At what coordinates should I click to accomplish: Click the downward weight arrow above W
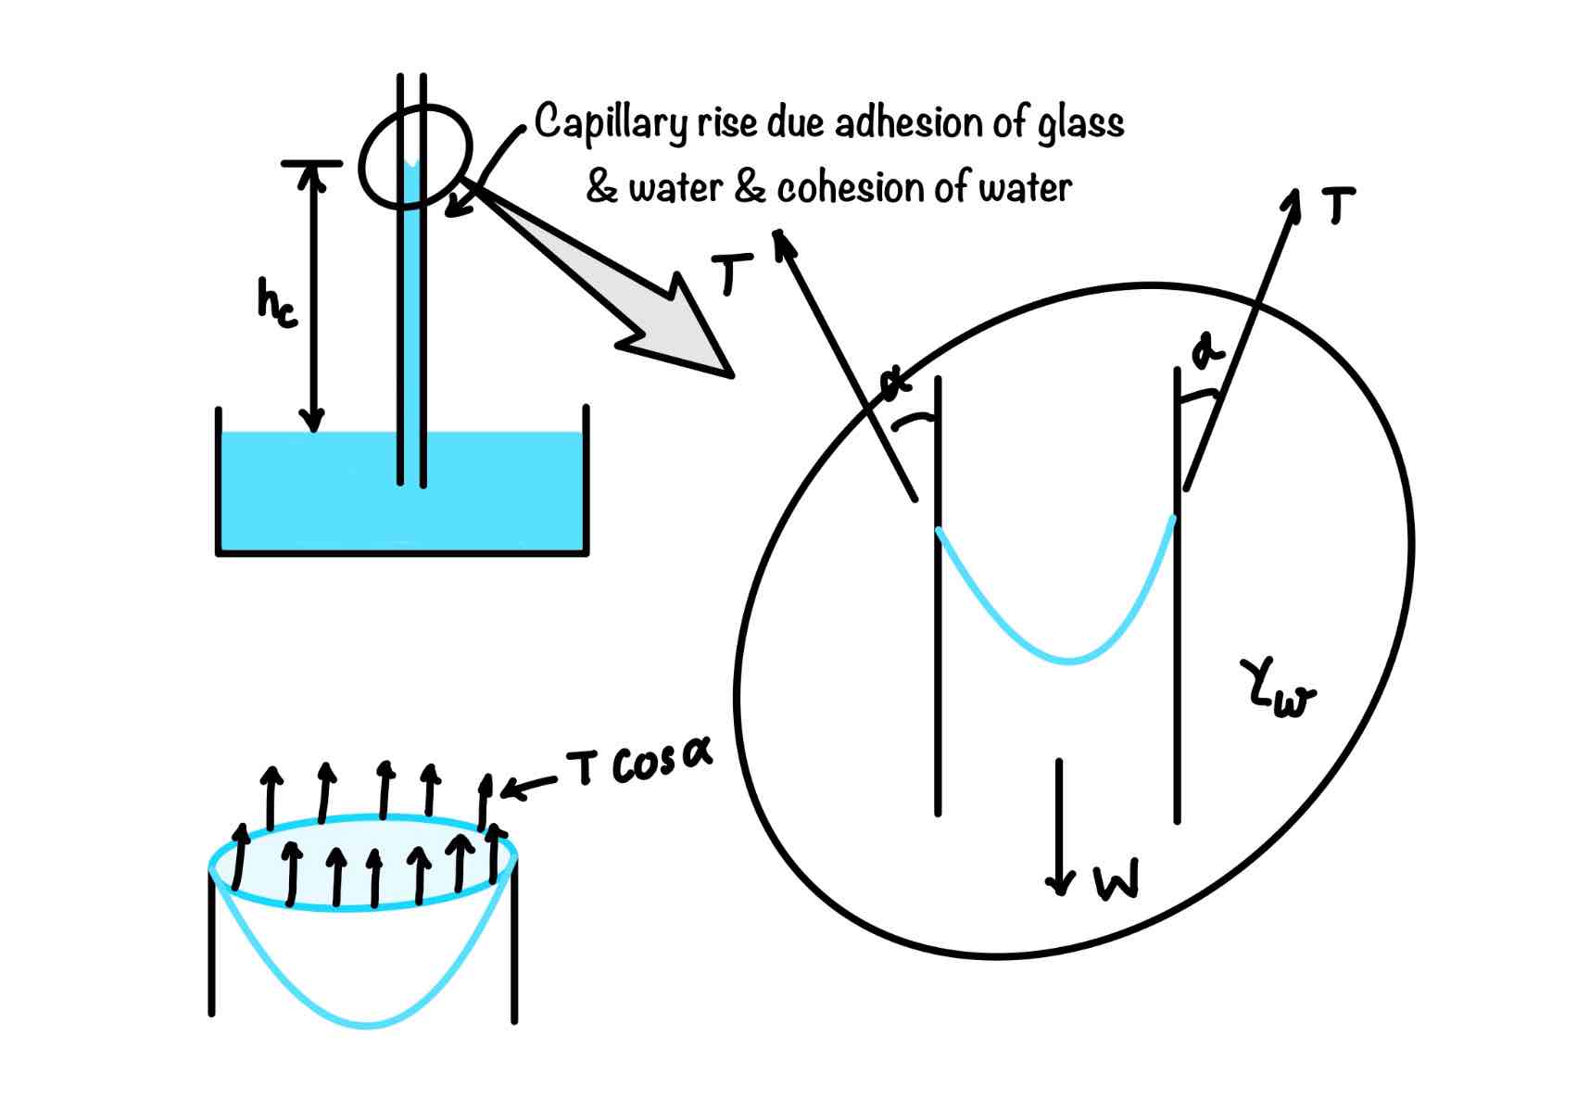click(1059, 825)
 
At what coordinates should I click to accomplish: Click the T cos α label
click(638, 766)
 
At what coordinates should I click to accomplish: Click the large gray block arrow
click(630, 287)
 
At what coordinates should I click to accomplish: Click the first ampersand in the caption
click(602, 188)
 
